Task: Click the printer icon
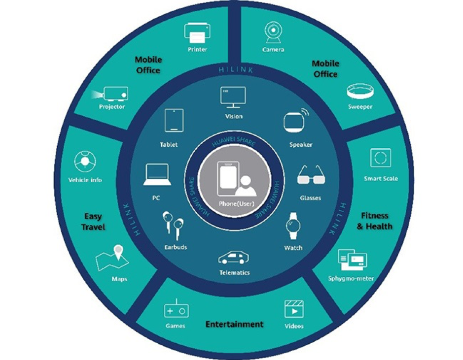pos(198,33)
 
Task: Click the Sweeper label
pos(360,107)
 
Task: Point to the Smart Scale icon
pos(380,158)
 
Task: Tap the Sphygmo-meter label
pos(351,278)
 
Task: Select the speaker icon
pos(296,121)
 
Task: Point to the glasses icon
pos(310,176)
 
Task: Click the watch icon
pos(293,226)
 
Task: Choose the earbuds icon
pos(173,225)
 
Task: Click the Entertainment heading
pos(234,324)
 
